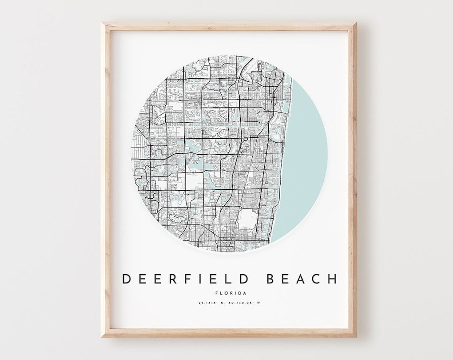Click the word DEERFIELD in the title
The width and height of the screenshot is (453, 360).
(187, 279)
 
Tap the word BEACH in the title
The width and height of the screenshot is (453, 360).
(302, 279)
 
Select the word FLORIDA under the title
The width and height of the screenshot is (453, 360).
(230, 293)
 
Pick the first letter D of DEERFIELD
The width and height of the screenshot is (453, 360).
(127, 279)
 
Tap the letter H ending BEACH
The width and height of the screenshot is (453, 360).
(332, 279)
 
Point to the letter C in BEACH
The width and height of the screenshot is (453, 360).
(317, 279)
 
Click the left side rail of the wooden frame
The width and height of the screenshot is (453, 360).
(105, 178)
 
